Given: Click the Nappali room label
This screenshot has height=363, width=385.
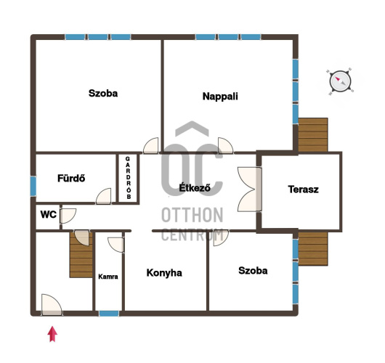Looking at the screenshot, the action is (220, 97).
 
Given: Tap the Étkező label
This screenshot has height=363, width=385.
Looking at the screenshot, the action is (195, 188).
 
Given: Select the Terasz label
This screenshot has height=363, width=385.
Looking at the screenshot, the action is (304, 189).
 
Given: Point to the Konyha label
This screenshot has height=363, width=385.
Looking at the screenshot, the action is (164, 273).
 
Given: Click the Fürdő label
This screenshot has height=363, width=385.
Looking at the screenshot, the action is (71, 178).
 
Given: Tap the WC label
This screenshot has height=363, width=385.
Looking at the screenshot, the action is (49, 214).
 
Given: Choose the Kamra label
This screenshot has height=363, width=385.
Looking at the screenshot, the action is (108, 277).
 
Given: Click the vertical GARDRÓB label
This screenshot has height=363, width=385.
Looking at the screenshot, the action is (128, 178).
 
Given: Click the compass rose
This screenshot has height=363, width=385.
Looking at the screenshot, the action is (340, 81).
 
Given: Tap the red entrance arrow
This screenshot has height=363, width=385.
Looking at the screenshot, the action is (52, 334).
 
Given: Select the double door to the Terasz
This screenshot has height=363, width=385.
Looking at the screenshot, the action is (249, 189).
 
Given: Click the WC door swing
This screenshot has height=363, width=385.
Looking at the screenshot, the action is (68, 216).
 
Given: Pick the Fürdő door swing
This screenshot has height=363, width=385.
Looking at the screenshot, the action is (103, 196).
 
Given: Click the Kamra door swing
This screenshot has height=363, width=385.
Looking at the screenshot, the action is (116, 245).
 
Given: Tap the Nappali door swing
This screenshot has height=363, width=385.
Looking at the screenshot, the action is (225, 145).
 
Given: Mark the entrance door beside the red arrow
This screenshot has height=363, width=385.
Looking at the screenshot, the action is (52, 305).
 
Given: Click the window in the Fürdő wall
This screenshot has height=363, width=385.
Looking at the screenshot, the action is (33, 187).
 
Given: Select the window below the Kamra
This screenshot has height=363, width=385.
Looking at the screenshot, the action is (109, 314).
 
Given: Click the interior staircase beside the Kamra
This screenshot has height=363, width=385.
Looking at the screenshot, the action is (81, 255).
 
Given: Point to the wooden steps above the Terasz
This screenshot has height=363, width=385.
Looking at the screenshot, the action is (313, 135).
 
